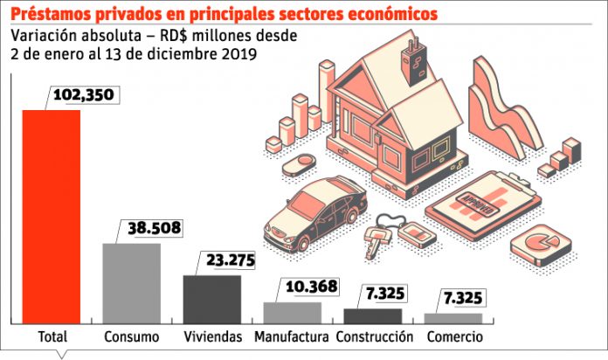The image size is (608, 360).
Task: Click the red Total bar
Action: pyautogui.click(x=52, y=217)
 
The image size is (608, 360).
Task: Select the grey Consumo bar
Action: pyautogui.click(x=131, y=284)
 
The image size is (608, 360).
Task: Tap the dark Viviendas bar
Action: pyautogui.click(x=212, y=300)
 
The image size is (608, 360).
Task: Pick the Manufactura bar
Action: pyautogui.click(x=293, y=313)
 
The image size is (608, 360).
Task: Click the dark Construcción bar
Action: pyautogui.click(x=373, y=316)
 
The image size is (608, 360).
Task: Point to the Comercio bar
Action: pyautogui.click(x=453, y=318)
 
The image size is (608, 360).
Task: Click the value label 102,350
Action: pyautogui.click(x=83, y=95)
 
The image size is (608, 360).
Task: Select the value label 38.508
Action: pyautogui.click(x=155, y=228)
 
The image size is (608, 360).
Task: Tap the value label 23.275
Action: pyautogui.click(x=231, y=260)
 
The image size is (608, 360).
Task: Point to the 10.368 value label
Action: pyautogui.click(x=311, y=287)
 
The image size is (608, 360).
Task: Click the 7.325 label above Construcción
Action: pyautogui.click(x=385, y=294)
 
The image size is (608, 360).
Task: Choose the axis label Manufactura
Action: pyautogui.click(x=291, y=336)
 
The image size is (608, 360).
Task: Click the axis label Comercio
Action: pyautogui.click(x=455, y=336)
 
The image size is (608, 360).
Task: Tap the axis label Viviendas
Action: pyautogui.click(x=213, y=336)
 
